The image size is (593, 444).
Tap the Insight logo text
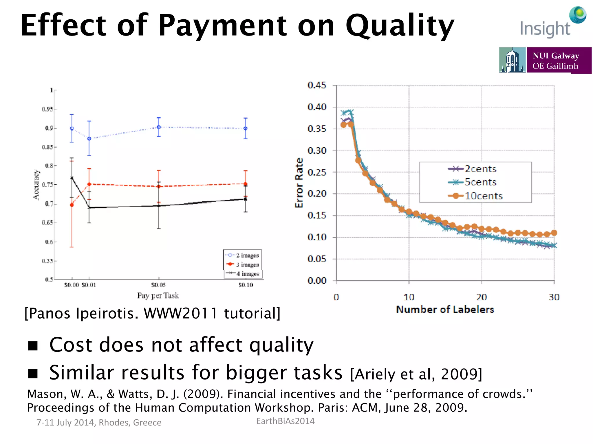545,29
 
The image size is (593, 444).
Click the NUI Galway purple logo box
559,60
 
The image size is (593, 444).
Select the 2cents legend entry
480,169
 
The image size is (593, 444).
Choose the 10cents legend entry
483,196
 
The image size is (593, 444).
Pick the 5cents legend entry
480,182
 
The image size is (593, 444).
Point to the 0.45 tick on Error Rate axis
317,85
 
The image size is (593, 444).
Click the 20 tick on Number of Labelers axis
482,297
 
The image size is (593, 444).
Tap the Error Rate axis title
299,183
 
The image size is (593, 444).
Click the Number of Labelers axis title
445,310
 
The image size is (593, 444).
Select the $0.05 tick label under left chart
158,285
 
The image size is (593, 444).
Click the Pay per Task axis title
158,295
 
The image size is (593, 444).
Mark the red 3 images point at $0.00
72,205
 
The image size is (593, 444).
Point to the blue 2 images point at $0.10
246,128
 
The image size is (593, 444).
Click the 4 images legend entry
247,274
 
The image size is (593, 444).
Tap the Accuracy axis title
36,184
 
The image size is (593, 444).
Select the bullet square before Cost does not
33,345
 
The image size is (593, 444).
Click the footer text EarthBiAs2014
285,421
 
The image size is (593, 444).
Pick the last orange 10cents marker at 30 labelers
554,233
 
